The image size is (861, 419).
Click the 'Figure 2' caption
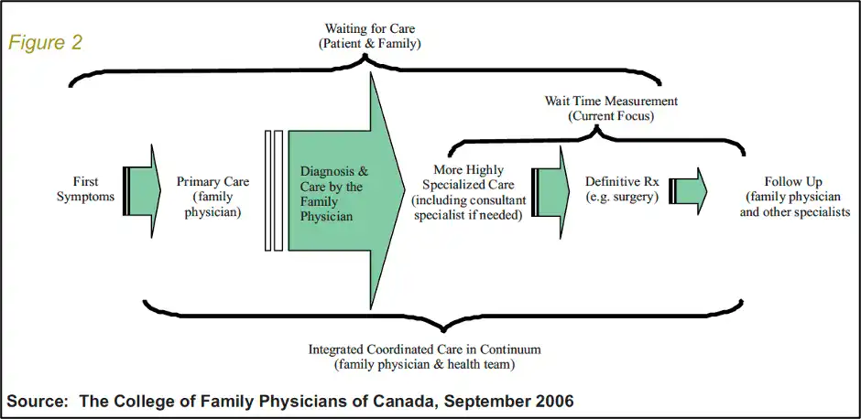coord(45,43)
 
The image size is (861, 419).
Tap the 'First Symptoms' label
coord(86,188)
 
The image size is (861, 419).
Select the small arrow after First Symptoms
coord(142,191)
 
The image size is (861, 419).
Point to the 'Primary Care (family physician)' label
coord(213,197)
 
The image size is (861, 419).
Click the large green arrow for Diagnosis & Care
coord(346,191)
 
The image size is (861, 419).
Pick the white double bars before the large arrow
coord(274,191)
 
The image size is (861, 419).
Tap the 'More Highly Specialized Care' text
coord(468,177)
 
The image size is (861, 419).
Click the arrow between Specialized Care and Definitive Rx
coord(548,192)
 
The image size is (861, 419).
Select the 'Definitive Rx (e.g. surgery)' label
coord(622,189)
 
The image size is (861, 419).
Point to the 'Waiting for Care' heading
coord(370,28)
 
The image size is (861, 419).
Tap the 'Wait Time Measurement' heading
coord(611,101)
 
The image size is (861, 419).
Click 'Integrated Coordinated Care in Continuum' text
coord(424,349)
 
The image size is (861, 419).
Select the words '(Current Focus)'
coord(611,116)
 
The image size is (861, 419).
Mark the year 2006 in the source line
coord(553,401)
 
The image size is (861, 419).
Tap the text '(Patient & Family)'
coord(370,44)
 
